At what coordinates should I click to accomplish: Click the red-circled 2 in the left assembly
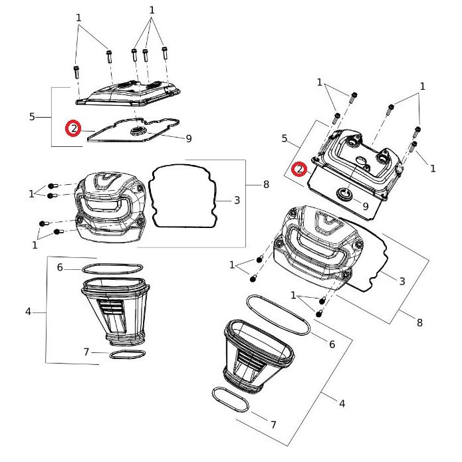click(73, 128)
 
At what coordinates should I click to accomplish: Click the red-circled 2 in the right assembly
click(300, 170)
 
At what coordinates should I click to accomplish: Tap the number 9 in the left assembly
click(189, 138)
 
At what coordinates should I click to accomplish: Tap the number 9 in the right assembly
click(365, 206)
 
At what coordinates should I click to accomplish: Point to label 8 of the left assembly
click(266, 184)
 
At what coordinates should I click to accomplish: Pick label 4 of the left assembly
click(28, 311)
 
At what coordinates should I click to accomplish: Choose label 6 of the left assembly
click(60, 267)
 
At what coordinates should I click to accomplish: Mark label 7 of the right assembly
click(273, 424)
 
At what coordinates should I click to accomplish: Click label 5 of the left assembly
click(32, 117)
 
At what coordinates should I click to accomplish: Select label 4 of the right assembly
click(342, 403)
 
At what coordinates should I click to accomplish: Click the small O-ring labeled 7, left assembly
click(127, 354)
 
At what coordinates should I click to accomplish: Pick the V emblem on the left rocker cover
click(106, 178)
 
